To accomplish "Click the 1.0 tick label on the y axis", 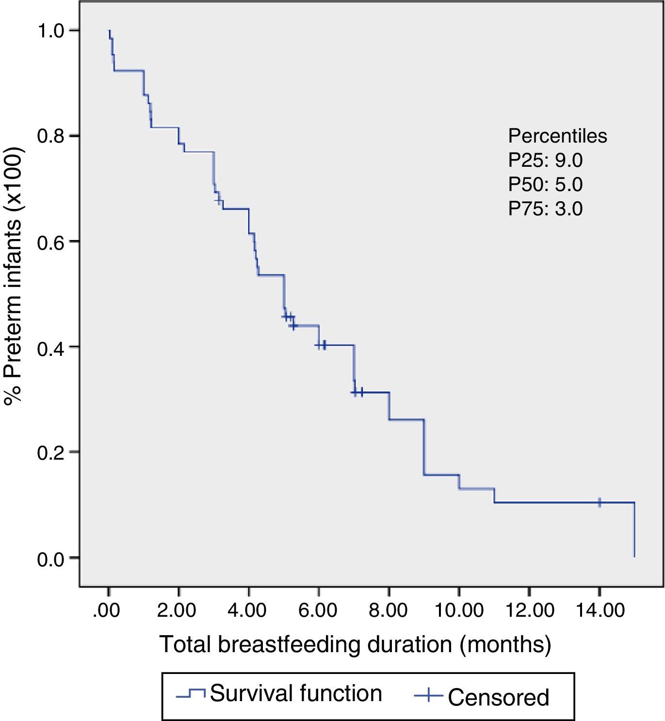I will point(50,31).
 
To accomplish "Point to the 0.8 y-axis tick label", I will point(50,136).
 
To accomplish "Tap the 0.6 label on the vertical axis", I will point(50,241).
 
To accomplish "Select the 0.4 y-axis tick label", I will point(50,347).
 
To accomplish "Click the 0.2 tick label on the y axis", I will point(50,452).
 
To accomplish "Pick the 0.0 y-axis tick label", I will point(50,559).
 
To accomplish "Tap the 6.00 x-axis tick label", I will point(318,610).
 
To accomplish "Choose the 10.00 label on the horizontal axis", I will point(458,610).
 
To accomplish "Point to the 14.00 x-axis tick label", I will point(600,610).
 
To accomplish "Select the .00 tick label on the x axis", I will point(106,610).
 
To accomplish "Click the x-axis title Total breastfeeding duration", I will point(355,645).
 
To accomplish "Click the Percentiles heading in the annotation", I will point(557,136).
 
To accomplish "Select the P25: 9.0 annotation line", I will point(545,160).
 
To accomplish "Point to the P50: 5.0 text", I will point(545,185).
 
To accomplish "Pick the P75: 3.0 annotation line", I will point(545,209).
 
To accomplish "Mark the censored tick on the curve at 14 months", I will point(600,502).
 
